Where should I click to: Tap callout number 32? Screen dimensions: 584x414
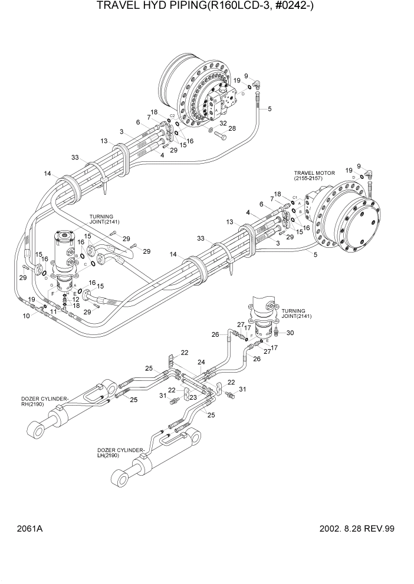pos(224,123)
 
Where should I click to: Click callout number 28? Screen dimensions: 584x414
pos(232,128)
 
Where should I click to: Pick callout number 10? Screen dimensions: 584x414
pos(26,316)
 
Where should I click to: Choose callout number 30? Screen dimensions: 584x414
pos(290,333)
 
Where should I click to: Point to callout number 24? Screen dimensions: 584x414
pos(201,362)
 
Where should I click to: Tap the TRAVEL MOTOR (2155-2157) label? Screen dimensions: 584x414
pos(314,177)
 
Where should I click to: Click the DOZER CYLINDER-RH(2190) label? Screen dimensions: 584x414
pos(44,402)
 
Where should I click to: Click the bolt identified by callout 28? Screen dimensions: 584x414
pos(221,136)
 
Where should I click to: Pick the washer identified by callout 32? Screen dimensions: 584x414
pos(211,128)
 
